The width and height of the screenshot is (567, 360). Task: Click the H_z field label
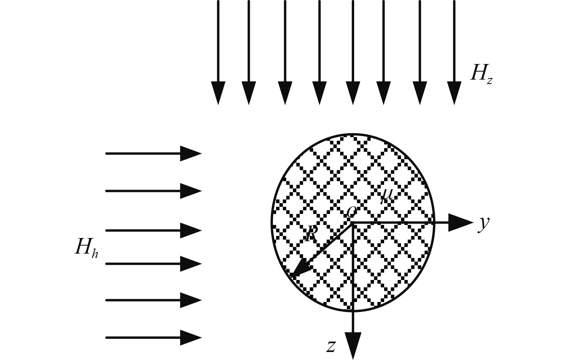click(x=481, y=74)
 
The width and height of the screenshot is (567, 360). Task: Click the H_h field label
click(x=86, y=247)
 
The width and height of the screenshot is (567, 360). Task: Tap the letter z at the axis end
click(x=331, y=346)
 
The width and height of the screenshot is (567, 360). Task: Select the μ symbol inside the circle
click(x=387, y=195)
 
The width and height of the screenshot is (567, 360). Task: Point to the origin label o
click(x=351, y=211)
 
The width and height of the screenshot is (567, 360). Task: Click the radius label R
click(x=311, y=234)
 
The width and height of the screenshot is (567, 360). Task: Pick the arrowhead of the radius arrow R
click(x=298, y=269)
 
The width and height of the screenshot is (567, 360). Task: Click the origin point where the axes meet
click(x=353, y=223)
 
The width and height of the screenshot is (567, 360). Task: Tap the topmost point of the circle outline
click(x=353, y=134)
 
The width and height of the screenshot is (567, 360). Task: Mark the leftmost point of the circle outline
click(x=272, y=223)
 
